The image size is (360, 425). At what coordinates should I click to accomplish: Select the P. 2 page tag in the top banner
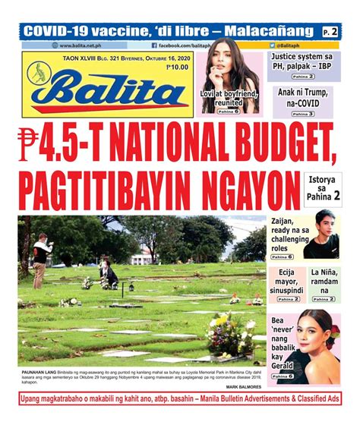pos(330,32)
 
